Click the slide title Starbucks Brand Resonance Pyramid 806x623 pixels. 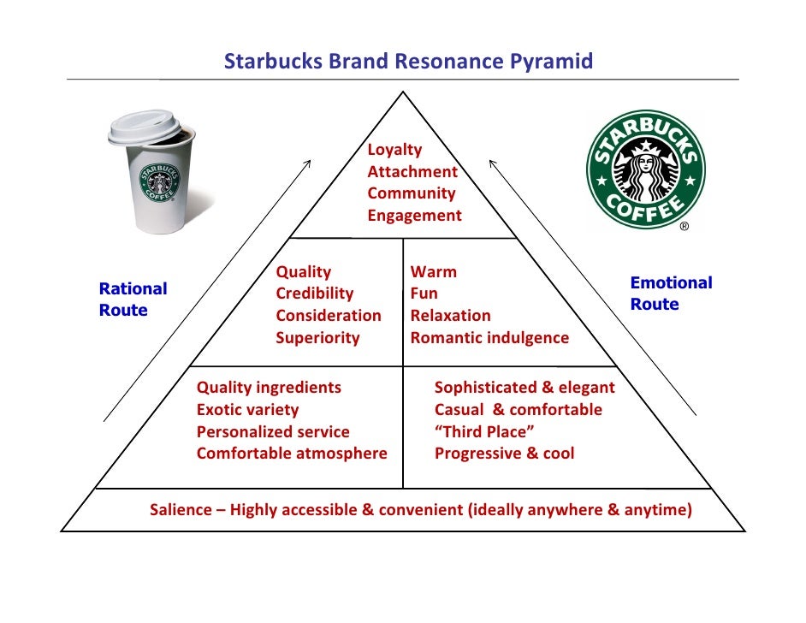(x=408, y=62)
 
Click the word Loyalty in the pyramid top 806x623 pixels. (x=394, y=150)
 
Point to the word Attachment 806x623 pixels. (x=412, y=172)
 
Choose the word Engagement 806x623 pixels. (x=414, y=216)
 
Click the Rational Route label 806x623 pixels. (x=133, y=300)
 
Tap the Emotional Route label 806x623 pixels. (x=671, y=294)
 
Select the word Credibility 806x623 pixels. (x=314, y=294)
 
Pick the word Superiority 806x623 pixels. (x=317, y=338)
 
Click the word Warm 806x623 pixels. (x=433, y=272)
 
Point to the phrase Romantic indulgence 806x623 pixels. (x=489, y=338)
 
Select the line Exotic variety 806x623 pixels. (x=247, y=410)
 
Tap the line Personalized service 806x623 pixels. (x=273, y=432)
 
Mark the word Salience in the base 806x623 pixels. (x=180, y=511)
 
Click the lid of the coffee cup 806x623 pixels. (x=149, y=127)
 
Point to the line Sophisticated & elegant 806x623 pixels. (x=524, y=388)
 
